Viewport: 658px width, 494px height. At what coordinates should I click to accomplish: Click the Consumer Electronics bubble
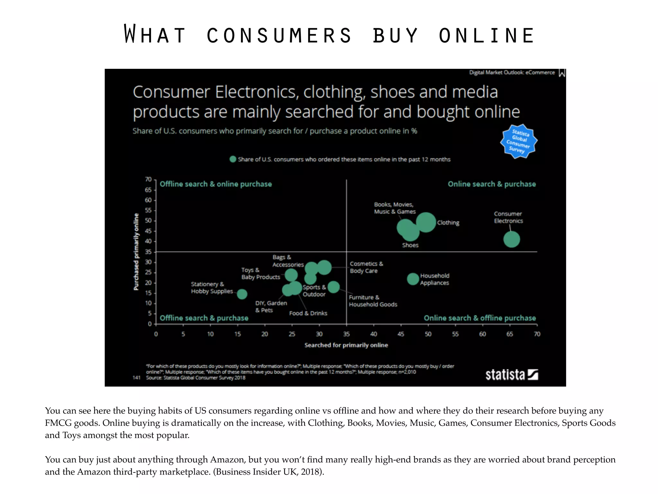[511, 239]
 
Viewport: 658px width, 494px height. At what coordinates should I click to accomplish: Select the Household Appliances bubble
[413, 279]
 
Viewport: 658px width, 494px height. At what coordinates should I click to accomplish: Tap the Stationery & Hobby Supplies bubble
[242, 294]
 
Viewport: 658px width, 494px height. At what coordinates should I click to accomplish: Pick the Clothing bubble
[426, 222]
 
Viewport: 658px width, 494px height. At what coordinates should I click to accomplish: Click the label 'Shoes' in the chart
[410, 245]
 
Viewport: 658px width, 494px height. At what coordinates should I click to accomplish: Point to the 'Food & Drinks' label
[308, 313]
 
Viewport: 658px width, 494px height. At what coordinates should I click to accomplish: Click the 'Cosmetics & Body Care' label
[366, 267]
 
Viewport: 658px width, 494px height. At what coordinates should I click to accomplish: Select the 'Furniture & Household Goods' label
[373, 301]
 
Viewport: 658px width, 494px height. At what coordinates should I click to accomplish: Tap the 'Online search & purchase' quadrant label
[492, 184]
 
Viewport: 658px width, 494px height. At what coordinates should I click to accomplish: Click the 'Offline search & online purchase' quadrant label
[216, 184]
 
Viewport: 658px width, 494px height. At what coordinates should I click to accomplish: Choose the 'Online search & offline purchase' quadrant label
[480, 318]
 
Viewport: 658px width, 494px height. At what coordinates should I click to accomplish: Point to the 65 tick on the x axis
[510, 334]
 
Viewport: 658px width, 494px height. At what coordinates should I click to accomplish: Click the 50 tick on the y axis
[148, 221]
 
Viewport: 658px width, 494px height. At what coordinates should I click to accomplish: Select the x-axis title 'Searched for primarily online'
[346, 345]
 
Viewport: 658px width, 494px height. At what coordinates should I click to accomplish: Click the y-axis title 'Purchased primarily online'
[136, 252]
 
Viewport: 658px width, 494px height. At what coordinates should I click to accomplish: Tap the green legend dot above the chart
[233, 159]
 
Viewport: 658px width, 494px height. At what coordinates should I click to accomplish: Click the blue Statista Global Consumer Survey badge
[519, 142]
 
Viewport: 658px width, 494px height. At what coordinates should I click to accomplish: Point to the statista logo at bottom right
[511, 375]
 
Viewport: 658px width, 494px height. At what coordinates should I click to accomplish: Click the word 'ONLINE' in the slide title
[486, 35]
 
